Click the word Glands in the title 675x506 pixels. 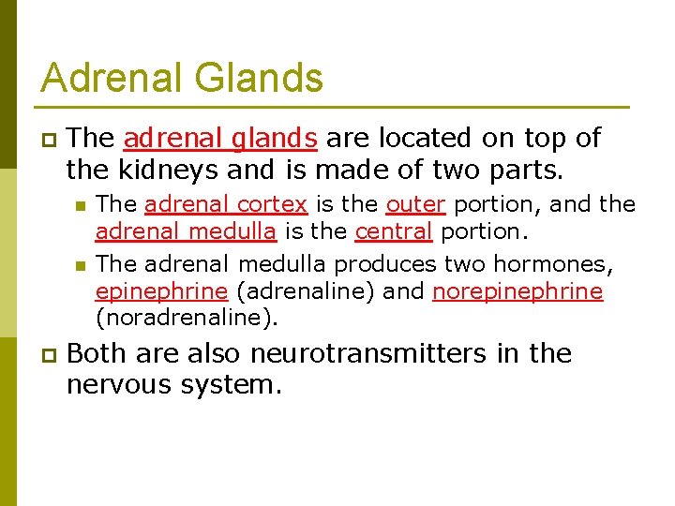tap(259, 78)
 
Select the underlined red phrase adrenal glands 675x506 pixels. tap(220, 139)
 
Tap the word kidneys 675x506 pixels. tap(158, 171)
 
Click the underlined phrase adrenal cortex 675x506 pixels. tap(226, 204)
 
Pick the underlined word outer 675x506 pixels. tap(415, 204)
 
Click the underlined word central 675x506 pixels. tap(394, 231)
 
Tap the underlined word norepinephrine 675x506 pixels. tap(517, 291)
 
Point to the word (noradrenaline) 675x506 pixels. tap(187, 318)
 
